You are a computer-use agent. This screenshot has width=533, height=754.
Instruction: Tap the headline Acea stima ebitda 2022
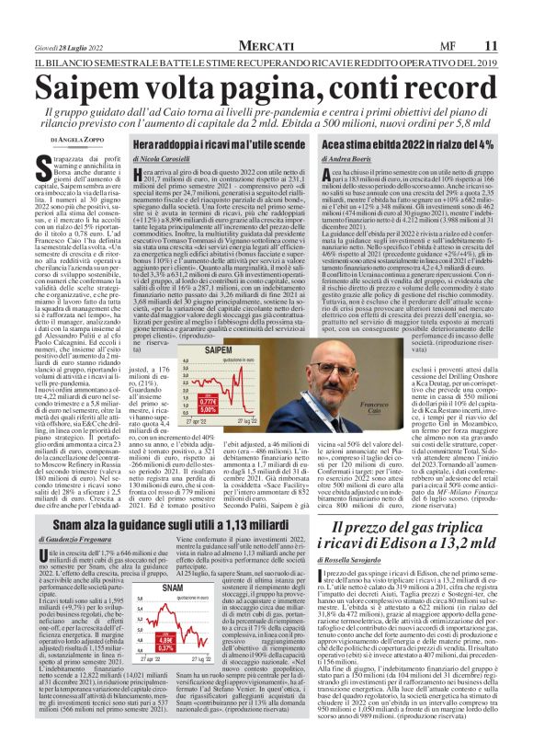click(418, 145)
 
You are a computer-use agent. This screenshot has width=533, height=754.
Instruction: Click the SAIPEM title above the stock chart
click(217, 352)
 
